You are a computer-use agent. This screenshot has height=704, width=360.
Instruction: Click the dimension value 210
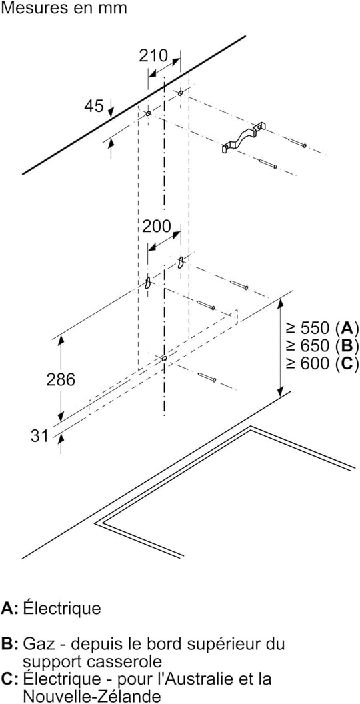[153, 56]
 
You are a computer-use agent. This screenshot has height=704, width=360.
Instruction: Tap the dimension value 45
[94, 107]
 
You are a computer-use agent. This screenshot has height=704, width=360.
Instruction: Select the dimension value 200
[157, 226]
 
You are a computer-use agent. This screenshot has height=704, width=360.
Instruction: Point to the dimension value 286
[61, 380]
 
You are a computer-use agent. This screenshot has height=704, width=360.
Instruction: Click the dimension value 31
[39, 436]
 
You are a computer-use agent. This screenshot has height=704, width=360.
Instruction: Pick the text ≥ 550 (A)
[323, 329]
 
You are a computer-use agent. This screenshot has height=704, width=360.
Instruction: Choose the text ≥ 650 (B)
[323, 346]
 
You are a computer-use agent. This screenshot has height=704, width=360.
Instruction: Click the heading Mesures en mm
[64, 7]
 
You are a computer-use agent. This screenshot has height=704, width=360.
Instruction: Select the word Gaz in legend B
[37, 644]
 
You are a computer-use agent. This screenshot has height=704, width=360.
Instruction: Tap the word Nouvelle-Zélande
[92, 695]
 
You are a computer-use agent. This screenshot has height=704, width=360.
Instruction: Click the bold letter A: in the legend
[10, 609]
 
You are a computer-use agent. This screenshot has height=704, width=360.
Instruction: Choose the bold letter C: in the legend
[10, 679]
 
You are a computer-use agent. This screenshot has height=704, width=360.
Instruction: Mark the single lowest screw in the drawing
[207, 377]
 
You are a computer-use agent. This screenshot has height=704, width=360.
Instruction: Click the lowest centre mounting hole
[164, 358]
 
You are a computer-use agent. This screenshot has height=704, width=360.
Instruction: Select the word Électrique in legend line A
[62, 609]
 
